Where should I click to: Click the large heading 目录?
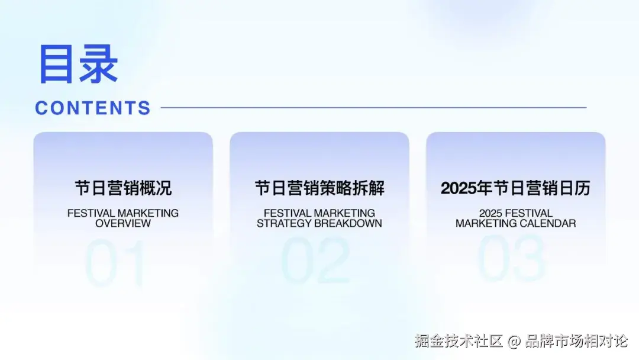pyautogui.click(x=78, y=64)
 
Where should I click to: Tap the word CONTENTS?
pyautogui.click(x=93, y=108)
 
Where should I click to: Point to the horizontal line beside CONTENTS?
pyautogui.click(x=374, y=108)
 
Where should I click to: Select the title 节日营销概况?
pyautogui.click(x=123, y=188)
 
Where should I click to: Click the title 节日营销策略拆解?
pyautogui.click(x=319, y=188)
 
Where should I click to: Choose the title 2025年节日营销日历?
pyautogui.click(x=515, y=188)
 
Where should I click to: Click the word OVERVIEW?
pyautogui.click(x=123, y=223)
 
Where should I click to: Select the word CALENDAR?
pyautogui.click(x=546, y=223)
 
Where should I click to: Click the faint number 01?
pyautogui.click(x=115, y=263)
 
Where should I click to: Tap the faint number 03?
pyautogui.click(x=511, y=259)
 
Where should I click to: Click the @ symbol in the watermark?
pyautogui.click(x=514, y=341)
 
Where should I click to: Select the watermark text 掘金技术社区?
pyautogui.click(x=459, y=341)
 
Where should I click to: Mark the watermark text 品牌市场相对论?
pyautogui.click(x=577, y=341)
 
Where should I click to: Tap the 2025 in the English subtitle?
pyautogui.click(x=491, y=213)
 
